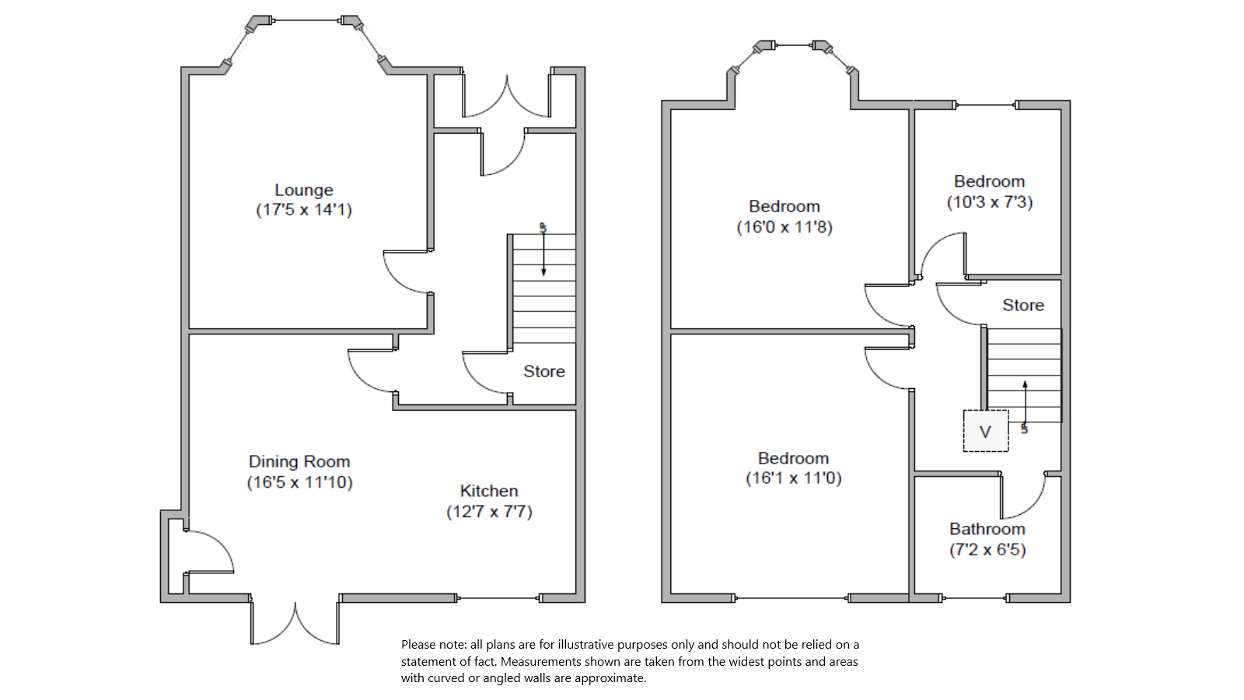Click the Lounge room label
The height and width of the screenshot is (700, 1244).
303,190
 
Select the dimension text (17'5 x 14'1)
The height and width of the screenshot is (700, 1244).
304,210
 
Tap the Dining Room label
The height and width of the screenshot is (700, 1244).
299,461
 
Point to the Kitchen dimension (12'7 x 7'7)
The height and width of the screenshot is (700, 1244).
489,512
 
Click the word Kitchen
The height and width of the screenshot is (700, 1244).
489,491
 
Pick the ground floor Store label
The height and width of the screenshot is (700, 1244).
543,372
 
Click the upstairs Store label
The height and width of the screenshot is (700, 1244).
1022,305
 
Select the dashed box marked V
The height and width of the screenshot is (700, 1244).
986,431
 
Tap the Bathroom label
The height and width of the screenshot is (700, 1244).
987,529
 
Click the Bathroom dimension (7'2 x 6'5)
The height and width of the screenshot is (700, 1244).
987,550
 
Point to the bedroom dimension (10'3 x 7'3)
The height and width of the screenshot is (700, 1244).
989,202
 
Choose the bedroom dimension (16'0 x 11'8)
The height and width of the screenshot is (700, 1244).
784,227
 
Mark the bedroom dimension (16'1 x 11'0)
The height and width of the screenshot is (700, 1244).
793,478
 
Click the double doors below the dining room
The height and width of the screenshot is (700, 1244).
295,623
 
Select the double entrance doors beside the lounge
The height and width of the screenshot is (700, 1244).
507,97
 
